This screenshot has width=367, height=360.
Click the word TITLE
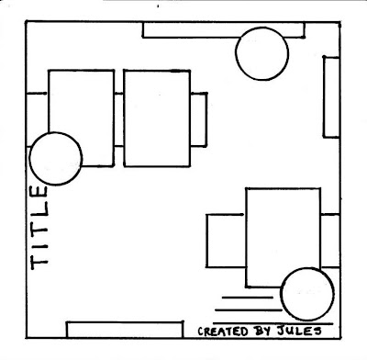(x=39, y=228)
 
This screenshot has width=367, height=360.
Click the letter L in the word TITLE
(x=39, y=208)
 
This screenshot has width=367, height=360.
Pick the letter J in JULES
(x=282, y=330)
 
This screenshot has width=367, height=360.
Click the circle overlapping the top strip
(x=261, y=54)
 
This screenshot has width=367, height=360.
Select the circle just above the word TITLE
(x=56, y=159)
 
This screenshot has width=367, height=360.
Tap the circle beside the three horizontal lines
(x=307, y=294)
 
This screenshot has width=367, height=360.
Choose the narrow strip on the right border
(x=331, y=96)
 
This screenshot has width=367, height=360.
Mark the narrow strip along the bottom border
(x=125, y=330)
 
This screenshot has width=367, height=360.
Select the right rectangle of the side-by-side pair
(x=157, y=118)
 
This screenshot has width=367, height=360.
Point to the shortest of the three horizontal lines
(x=247, y=298)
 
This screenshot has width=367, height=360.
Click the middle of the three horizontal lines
(x=249, y=310)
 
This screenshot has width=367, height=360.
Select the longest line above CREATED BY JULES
(x=272, y=323)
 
